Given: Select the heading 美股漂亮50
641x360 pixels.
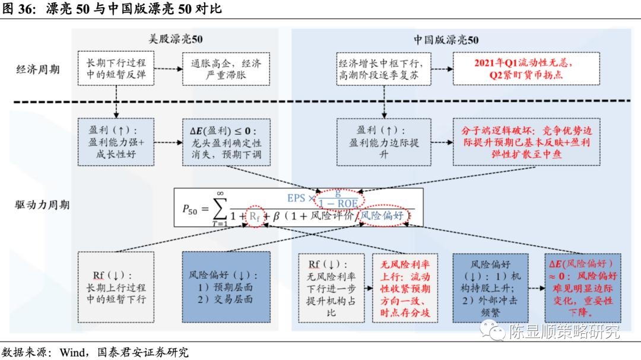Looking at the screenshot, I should pos(175,40).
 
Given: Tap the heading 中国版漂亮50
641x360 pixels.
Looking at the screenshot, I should pos(446,40).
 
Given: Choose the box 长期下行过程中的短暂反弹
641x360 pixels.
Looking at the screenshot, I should pos(116,69).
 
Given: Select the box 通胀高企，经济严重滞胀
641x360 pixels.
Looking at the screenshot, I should pos(226,69).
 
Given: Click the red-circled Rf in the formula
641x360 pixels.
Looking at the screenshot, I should pos(253,217).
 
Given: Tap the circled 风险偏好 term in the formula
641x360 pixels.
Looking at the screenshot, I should pos(385,216).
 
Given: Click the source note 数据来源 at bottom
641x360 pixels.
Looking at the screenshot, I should pos(95,352).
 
